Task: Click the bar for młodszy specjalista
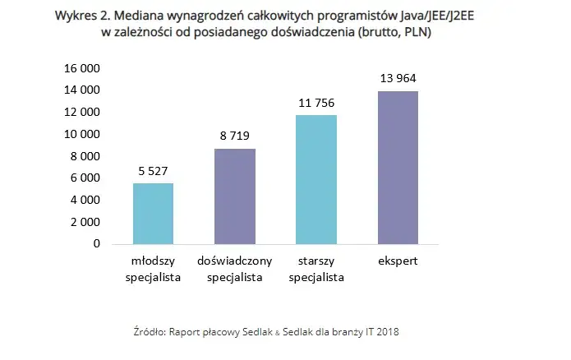click(153, 214)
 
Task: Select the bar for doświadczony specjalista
click(235, 196)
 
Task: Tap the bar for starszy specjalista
click(316, 179)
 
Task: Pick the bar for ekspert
click(398, 168)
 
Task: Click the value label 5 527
click(153, 171)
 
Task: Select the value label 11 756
click(316, 103)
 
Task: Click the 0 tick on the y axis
click(97, 244)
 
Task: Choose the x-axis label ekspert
click(398, 261)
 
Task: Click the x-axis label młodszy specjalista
click(153, 269)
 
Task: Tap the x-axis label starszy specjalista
click(316, 269)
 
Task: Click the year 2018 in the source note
click(387, 331)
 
